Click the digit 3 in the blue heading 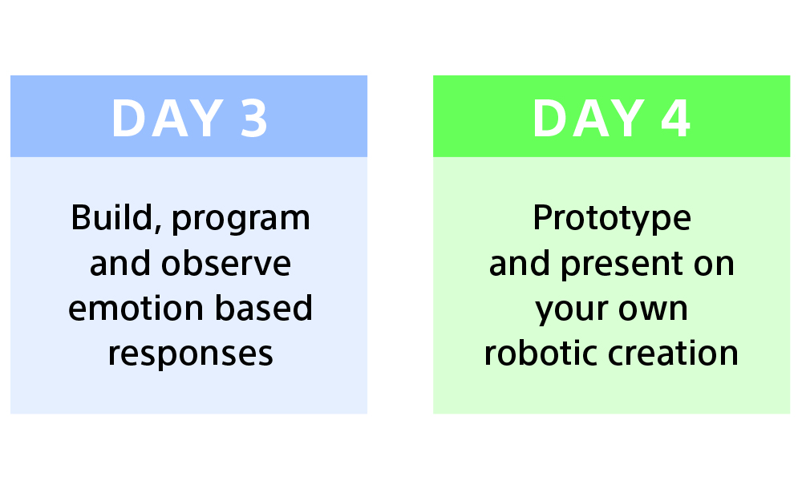click(253, 118)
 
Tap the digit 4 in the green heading click(675, 118)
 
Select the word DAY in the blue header click(168, 118)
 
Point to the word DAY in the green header click(589, 118)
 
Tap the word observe click(226, 264)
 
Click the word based click(263, 308)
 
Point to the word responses click(190, 355)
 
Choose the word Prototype click(612, 220)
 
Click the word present click(622, 266)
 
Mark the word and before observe click(120, 263)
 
